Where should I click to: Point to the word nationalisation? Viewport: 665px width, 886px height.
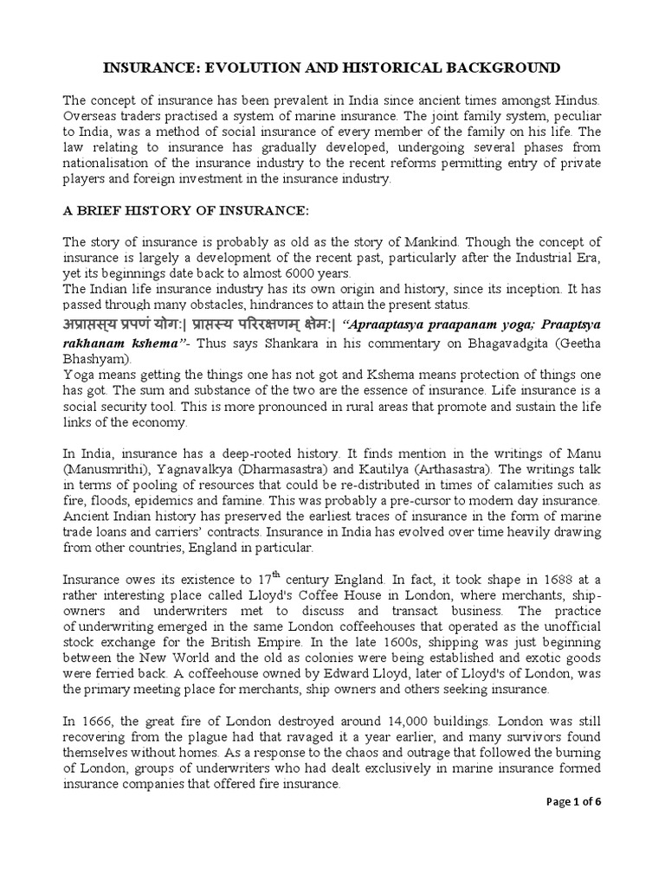point(117,164)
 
